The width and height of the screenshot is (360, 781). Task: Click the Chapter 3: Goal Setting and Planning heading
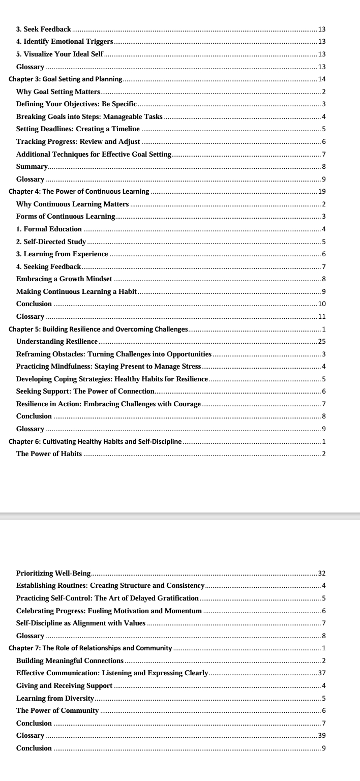[x=66, y=79]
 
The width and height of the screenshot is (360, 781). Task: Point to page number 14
[x=321, y=79]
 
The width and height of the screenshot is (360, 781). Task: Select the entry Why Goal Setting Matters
[x=58, y=92]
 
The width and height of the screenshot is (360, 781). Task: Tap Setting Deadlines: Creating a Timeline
[x=78, y=129]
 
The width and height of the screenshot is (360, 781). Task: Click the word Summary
[x=32, y=166]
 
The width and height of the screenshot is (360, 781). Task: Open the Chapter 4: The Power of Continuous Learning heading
[x=79, y=192]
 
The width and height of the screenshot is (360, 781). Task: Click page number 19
[x=321, y=192]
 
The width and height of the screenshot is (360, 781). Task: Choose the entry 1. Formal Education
[x=49, y=229]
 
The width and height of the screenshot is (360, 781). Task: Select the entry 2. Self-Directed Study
[x=51, y=242]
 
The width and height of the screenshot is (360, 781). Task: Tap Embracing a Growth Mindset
[x=64, y=279]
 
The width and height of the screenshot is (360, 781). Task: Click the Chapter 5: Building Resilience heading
[x=98, y=329]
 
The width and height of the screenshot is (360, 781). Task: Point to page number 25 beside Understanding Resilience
[x=321, y=341]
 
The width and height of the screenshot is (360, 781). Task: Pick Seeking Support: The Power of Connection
[x=85, y=391]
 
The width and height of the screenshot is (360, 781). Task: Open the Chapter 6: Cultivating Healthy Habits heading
[x=95, y=441]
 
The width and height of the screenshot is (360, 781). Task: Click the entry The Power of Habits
[x=49, y=454]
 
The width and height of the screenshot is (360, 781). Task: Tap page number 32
[x=321, y=573]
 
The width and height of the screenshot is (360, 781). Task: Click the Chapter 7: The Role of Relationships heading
[x=90, y=648]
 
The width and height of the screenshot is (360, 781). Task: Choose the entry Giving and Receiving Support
[x=64, y=685]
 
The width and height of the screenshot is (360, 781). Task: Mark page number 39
[x=321, y=735]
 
